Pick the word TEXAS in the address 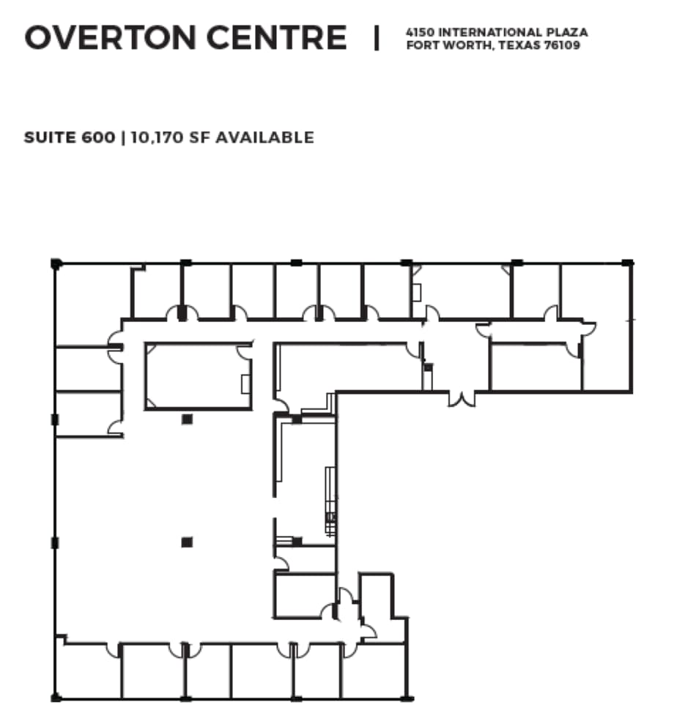(517, 45)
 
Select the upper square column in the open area (188, 419)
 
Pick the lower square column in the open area (188, 542)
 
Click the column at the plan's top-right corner (628, 262)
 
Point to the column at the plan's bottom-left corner (56, 698)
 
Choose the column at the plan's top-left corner (56, 263)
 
